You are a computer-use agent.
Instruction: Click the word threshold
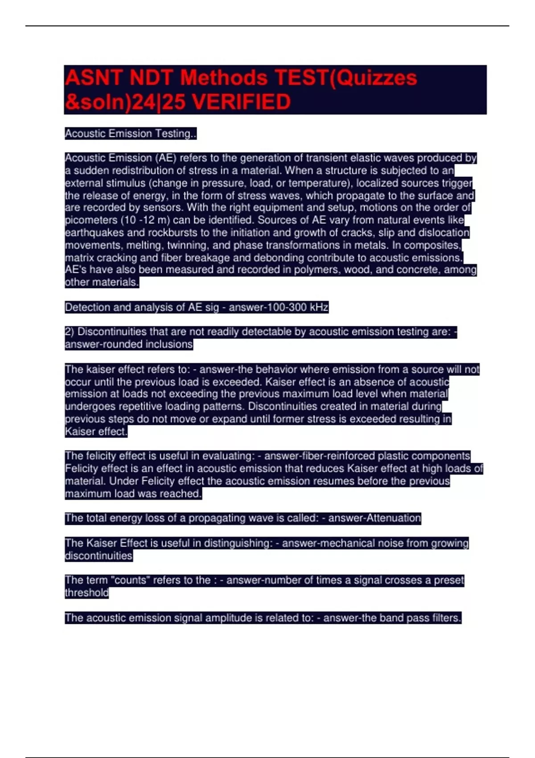coord(86,593)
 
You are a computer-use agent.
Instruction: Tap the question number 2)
coord(70,332)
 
